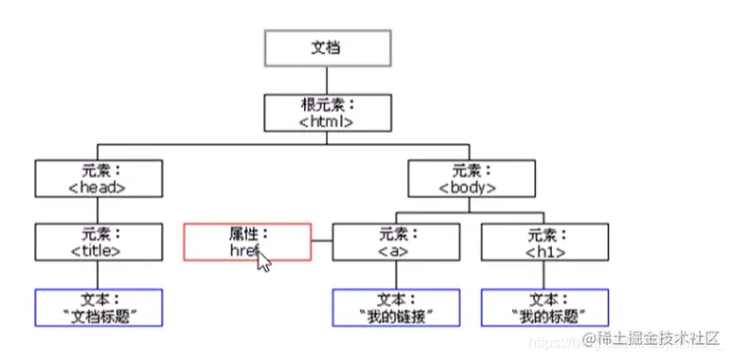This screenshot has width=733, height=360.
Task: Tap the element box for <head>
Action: click(98, 177)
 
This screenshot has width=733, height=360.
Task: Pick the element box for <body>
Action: click(468, 177)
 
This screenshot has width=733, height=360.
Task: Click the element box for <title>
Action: click(98, 242)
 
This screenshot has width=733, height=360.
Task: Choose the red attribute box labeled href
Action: click(246, 242)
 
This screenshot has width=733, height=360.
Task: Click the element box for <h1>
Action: click(544, 242)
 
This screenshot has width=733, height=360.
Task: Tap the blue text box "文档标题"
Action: click(98, 307)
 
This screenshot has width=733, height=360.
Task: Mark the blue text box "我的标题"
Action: click(544, 307)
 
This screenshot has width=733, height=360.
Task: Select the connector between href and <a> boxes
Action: click(322, 242)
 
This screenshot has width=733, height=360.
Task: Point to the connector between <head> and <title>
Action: click(98, 209)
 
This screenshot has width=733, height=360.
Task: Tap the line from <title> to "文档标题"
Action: click(98, 275)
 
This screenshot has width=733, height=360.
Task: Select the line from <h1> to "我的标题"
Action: click(544, 275)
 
